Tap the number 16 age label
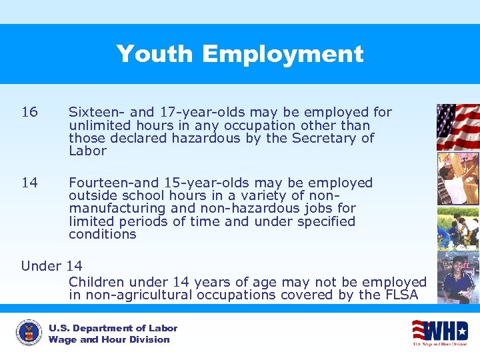click(x=29, y=112)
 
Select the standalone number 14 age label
click(x=29, y=183)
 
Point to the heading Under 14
click(x=51, y=266)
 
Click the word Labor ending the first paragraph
click(x=87, y=151)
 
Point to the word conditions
click(x=102, y=234)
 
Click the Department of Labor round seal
click(x=29, y=333)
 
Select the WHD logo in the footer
click(x=439, y=332)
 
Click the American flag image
click(x=457, y=127)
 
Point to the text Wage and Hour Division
click(x=109, y=339)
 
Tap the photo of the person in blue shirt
click(x=457, y=277)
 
